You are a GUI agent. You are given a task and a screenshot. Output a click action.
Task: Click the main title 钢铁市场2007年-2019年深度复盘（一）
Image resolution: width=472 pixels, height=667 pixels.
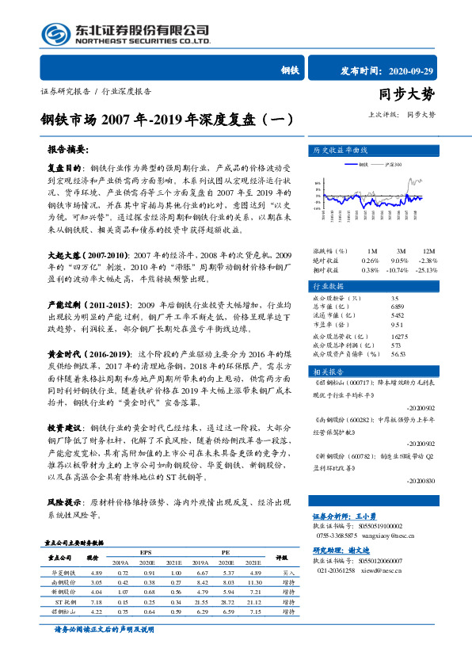click(166, 120)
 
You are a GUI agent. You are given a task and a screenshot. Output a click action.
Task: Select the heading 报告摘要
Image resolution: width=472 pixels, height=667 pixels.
click(67, 149)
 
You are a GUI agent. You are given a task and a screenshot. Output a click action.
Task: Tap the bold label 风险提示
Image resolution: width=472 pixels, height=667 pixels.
click(65, 503)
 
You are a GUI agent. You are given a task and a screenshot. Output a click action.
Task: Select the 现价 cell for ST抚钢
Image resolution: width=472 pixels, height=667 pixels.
click(98, 602)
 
